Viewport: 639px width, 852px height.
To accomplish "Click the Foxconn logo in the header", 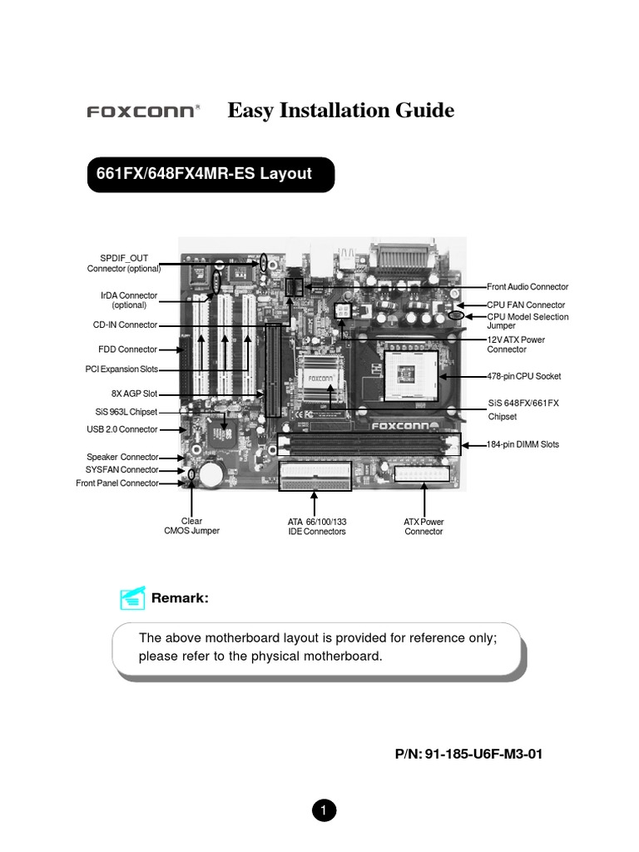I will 143,111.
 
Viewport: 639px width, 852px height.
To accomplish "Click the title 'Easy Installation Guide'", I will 341,110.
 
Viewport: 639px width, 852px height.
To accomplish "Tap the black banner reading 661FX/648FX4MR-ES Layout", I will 211,175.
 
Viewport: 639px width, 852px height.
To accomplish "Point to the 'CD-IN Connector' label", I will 125,325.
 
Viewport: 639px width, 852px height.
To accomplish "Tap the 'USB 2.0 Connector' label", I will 121,429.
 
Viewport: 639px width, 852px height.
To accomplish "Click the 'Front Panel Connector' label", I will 116,483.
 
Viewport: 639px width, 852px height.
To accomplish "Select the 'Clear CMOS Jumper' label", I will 191,527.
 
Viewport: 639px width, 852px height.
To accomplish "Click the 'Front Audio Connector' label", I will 528,287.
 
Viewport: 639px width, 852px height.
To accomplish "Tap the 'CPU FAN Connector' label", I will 526,305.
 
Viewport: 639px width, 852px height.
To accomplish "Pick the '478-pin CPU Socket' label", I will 524,376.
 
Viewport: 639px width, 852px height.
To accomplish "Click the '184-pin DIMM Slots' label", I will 523,445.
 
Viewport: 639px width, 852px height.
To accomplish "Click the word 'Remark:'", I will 178,598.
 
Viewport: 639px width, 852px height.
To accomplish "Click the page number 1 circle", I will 323,810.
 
